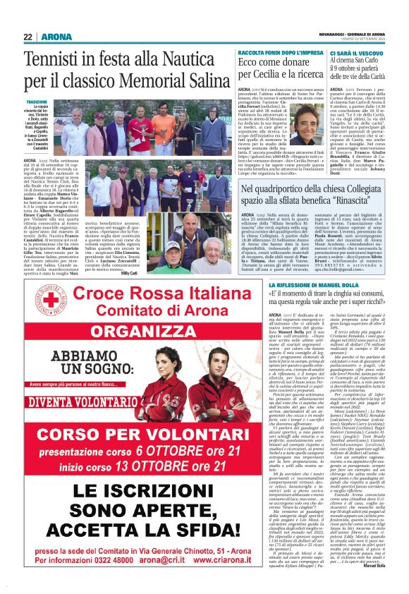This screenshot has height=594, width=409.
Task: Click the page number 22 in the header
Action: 28,37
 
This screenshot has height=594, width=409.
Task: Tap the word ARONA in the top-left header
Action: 56,37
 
